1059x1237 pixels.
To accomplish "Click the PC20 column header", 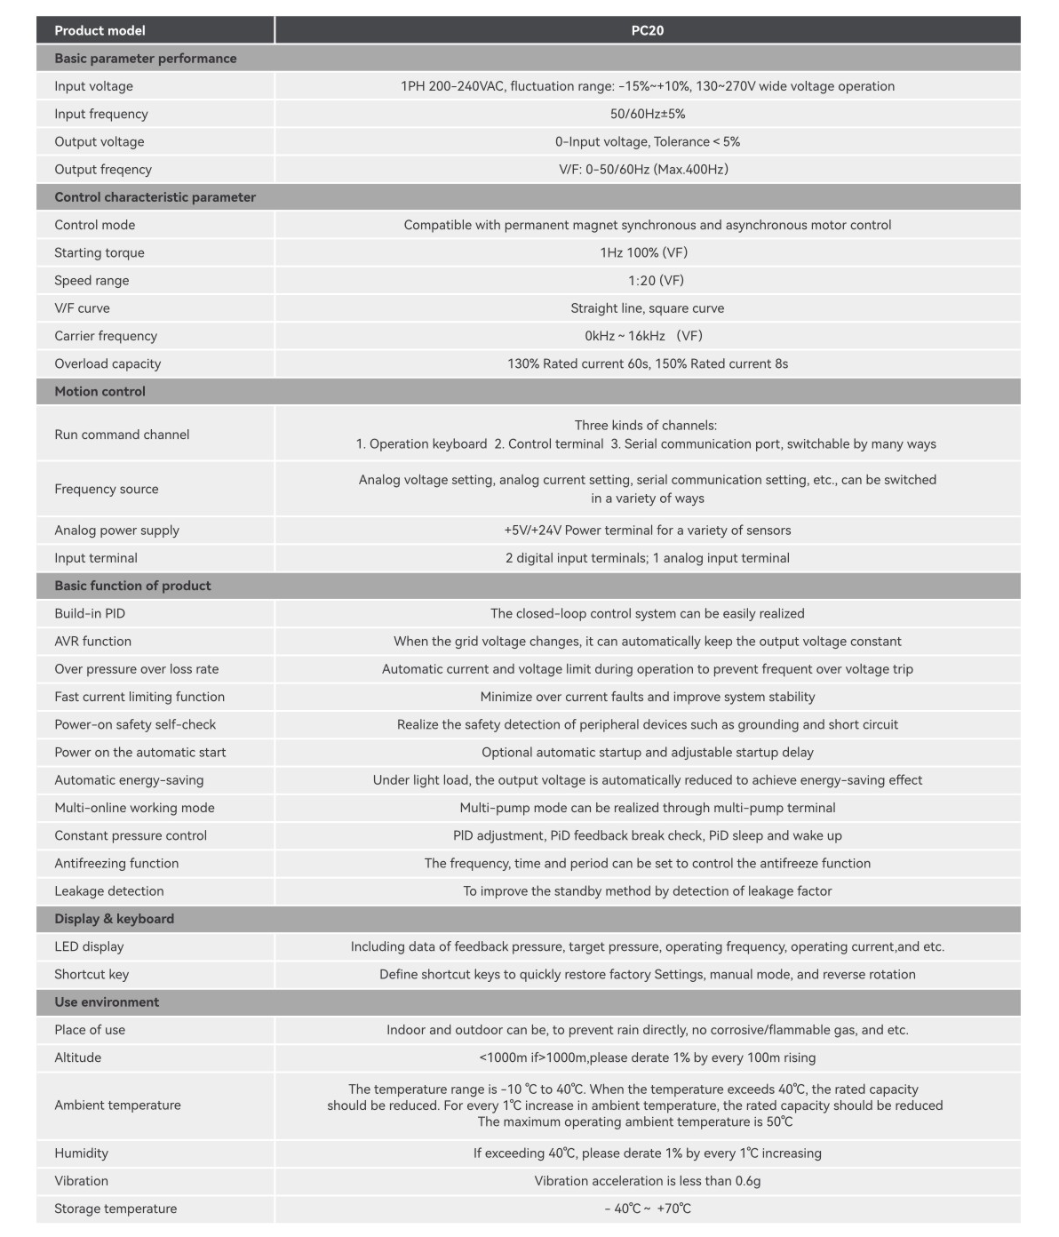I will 647,30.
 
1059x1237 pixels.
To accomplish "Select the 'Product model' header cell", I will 100,30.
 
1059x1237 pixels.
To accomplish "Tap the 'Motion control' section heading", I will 100,391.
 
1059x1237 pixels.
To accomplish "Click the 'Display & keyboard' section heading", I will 114,919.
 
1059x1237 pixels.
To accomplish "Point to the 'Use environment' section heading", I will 107,1002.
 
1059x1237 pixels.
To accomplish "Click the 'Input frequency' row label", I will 101,114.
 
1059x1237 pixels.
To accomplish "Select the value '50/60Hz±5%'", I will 647,114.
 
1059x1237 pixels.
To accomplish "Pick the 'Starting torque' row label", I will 100,252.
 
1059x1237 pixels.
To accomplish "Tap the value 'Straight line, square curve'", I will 647,308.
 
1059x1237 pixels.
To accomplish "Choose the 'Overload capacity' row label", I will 107,363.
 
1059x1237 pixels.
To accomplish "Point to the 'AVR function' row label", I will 92,642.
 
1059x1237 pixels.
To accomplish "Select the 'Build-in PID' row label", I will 90,613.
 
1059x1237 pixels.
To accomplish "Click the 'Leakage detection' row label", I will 109,891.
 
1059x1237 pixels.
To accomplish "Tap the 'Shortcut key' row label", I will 92,974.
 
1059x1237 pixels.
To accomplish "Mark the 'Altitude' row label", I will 78,1057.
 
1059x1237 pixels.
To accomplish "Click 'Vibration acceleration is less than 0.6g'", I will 647,1181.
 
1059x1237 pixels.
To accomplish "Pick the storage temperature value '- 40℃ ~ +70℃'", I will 647,1209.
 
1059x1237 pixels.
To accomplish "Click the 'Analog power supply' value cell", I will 647,531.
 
